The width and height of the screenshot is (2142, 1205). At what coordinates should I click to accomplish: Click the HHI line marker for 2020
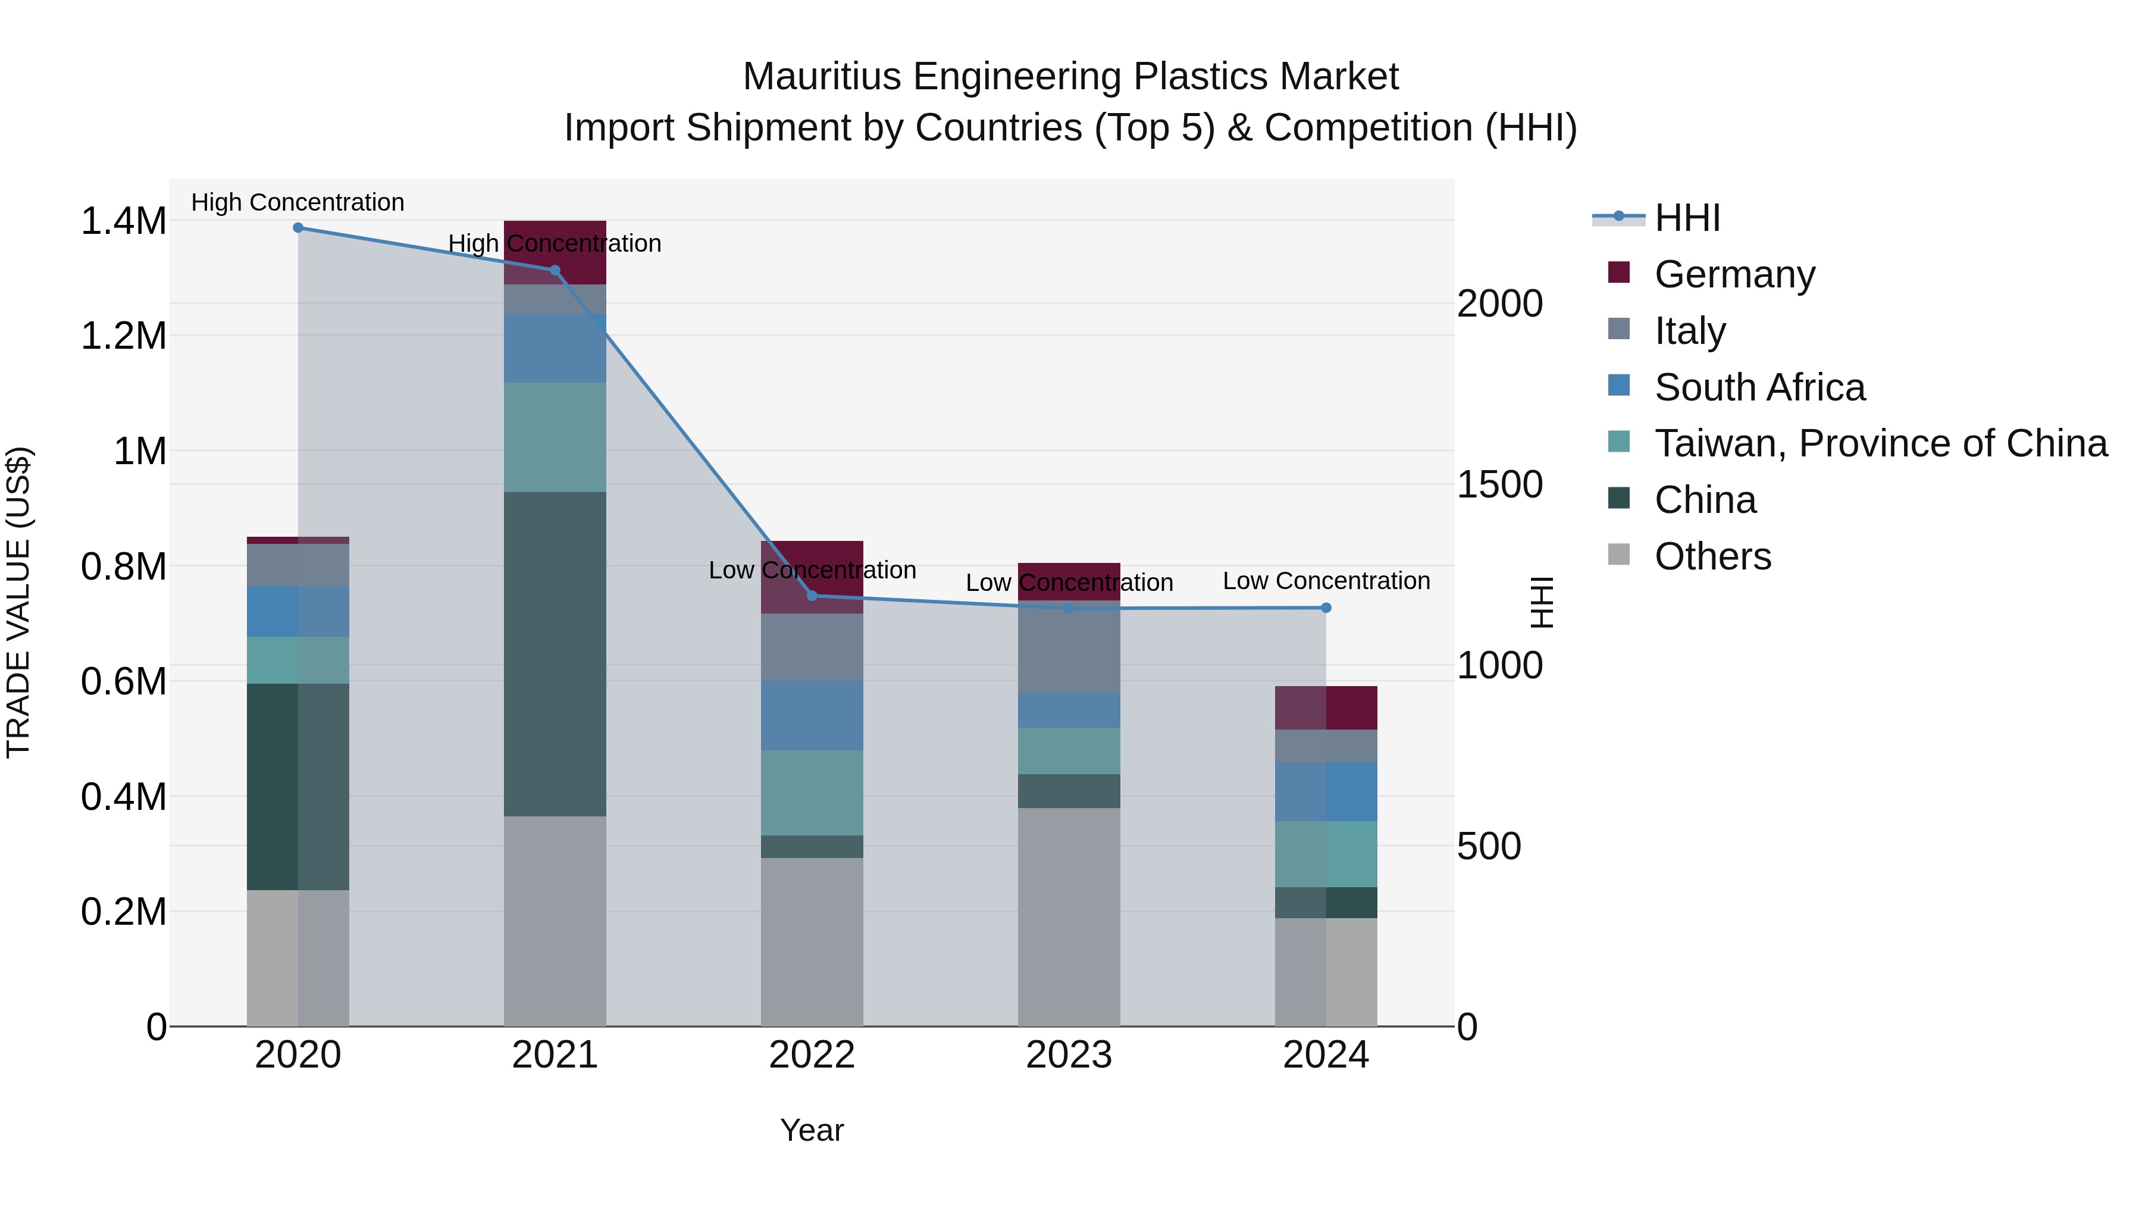(297, 228)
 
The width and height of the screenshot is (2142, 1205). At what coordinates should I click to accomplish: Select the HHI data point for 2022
(812, 596)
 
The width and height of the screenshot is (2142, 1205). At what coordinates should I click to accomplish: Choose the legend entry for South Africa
(1759, 387)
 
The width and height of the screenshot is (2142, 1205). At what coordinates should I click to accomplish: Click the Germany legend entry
(1734, 274)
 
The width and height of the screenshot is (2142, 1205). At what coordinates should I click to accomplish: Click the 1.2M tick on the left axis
(123, 336)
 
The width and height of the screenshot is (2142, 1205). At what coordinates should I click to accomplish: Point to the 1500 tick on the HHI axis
(1499, 485)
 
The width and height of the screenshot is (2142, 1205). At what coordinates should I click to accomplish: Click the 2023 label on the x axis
(1069, 1055)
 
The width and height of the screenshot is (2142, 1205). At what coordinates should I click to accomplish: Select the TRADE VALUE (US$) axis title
(18, 602)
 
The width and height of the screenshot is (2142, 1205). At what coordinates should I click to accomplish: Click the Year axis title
(812, 1130)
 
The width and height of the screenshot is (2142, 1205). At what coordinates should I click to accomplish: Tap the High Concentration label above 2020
(297, 202)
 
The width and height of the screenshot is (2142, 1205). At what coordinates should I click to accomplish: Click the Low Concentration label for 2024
(1326, 580)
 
